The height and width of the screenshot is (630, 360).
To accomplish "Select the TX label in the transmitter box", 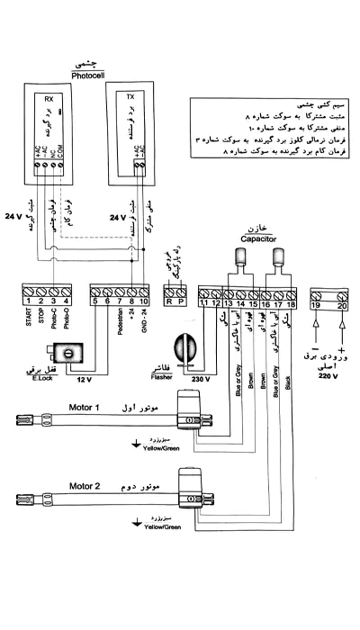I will point(130,96).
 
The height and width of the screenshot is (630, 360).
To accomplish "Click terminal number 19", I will point(315,304).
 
